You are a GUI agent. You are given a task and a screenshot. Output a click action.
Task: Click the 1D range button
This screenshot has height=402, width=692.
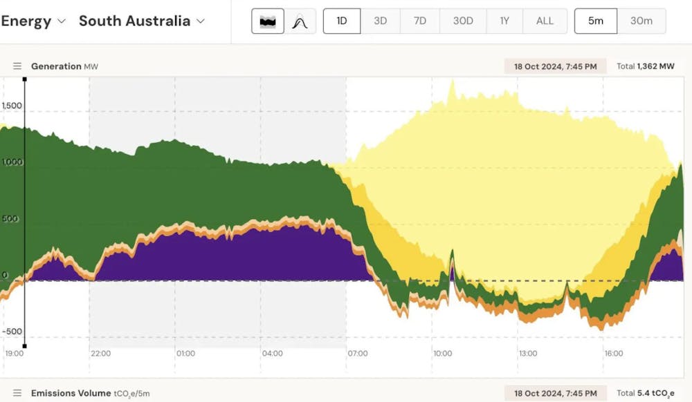[x=342, y=21]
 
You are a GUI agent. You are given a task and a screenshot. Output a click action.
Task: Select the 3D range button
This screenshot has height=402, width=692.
[x=380, y=21]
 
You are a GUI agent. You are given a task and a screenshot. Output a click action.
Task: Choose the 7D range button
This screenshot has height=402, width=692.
[x=420, y=21]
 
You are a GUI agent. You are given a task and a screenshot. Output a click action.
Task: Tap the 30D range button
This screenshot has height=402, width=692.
[x=463, y=21]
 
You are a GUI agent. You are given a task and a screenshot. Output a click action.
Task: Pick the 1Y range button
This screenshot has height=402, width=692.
[x=504, y=21]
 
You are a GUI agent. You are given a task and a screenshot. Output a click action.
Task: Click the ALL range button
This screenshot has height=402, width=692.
[x=545, y=21]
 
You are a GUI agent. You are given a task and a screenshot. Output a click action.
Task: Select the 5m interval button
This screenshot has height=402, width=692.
[x=595, y=21]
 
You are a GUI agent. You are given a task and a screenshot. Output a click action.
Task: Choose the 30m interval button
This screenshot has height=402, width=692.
[x=641, y=21]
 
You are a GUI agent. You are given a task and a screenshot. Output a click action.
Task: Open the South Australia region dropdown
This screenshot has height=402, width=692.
[x=142, y=21]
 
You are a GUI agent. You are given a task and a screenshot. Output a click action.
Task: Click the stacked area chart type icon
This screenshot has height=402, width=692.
[x=267, y=21]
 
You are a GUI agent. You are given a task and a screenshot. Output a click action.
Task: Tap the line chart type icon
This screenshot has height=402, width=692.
[x=300, y=21]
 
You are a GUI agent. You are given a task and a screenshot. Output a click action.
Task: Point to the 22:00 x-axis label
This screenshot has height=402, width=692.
[x=100, y=354]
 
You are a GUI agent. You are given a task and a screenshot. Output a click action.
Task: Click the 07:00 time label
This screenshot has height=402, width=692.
[x=357, y=354]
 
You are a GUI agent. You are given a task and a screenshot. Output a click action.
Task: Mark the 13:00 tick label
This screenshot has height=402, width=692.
[x=528, y=354]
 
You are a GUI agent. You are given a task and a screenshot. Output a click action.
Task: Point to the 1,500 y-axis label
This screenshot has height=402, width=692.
[x=12, y=106]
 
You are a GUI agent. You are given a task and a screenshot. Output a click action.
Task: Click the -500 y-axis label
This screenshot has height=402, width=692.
[x=12, y=331]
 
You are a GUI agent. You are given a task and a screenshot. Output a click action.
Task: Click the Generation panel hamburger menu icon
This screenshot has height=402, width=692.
[x=17, y=66]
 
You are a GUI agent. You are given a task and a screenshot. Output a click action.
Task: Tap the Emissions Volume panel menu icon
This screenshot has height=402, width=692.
[x=17, y=394]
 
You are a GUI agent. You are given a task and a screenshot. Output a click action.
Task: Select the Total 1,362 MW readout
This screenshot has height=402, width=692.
[x=645, y=66]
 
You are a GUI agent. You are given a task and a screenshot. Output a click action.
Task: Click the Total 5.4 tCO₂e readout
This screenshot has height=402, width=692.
[x=645, y=394]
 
